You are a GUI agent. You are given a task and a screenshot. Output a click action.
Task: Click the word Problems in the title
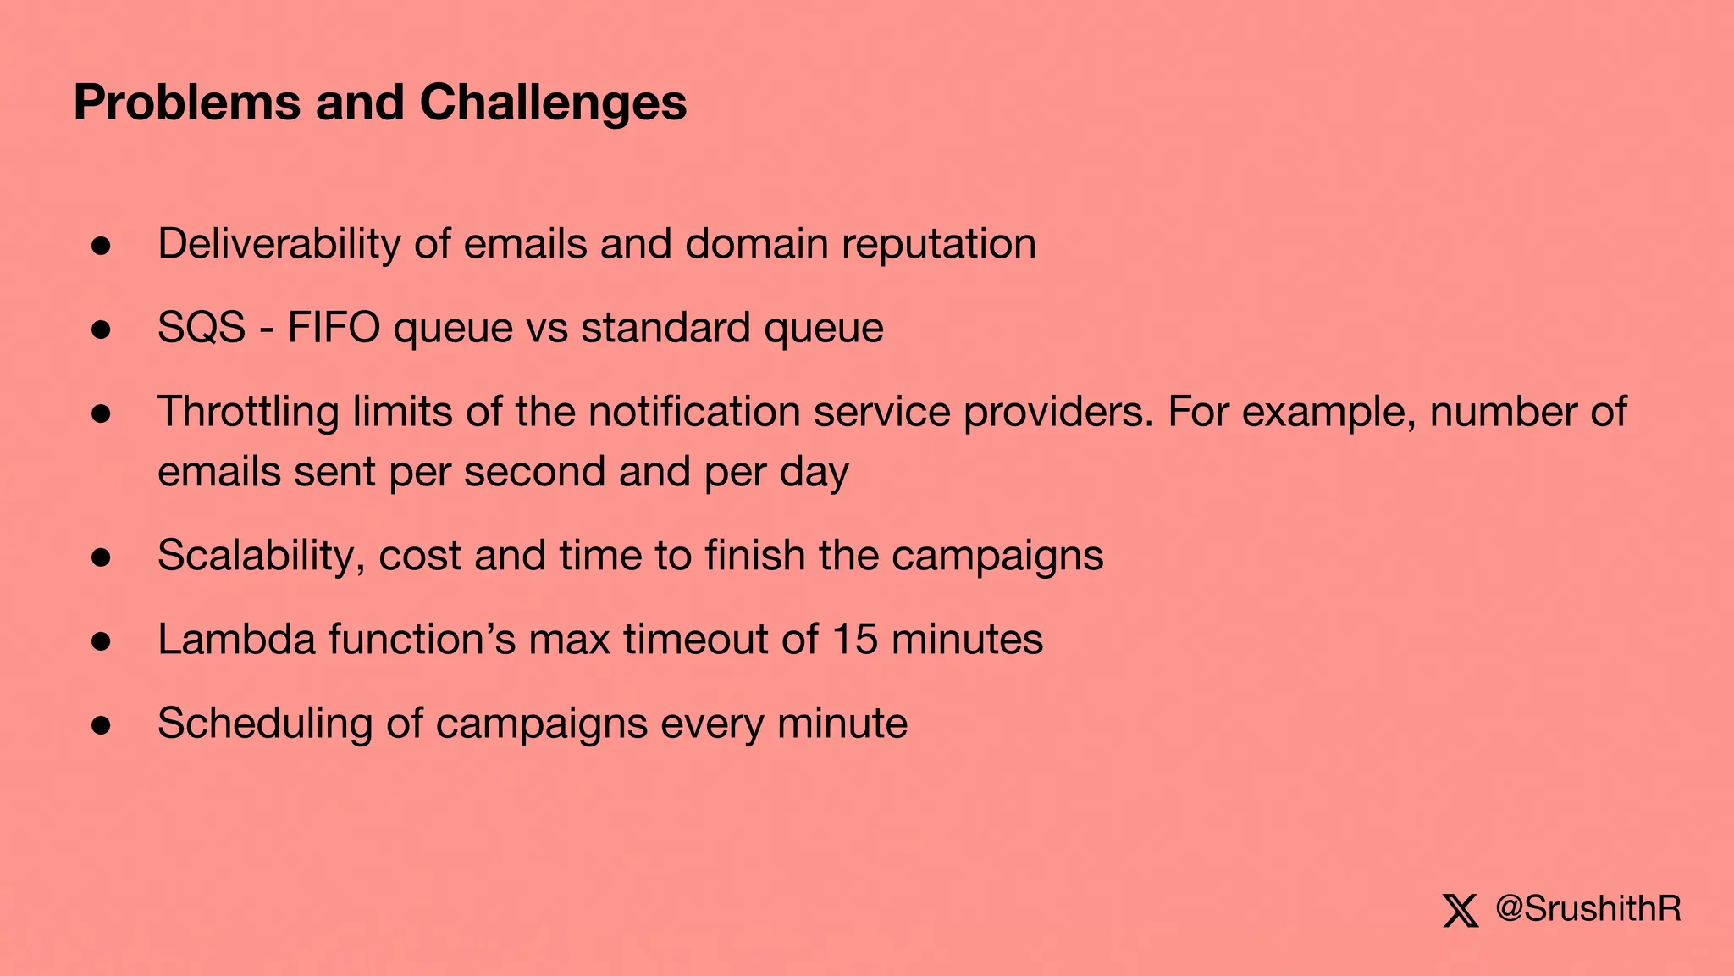tap(187, 103)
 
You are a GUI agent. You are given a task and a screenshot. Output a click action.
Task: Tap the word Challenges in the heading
tap(553, 103)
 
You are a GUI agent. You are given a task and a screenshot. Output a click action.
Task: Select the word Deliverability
tap(279, 244)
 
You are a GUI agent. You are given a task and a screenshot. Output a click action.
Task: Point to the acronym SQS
tap(202, 328)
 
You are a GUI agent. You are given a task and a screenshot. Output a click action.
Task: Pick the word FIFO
tap(334, 328)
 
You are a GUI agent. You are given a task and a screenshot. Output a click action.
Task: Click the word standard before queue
tap(665, 328)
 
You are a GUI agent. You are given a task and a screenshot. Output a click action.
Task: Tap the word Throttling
tap(248, 412)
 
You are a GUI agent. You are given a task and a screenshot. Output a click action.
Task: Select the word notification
tap(694, 412)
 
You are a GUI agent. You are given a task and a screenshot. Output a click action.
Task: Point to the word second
tap(534, 472)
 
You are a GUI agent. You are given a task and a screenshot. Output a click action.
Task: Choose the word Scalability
tap(261, 556)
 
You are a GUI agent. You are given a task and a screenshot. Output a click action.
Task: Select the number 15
tap(855, 640)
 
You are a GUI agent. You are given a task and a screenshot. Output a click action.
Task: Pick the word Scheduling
tap(264, 724)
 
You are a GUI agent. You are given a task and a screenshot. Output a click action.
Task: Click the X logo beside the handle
tap(1461, 911)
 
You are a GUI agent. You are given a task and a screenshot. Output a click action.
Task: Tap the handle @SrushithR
tap(1588, 909)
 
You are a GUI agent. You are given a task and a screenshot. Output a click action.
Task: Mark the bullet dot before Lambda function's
tap(102, 641)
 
